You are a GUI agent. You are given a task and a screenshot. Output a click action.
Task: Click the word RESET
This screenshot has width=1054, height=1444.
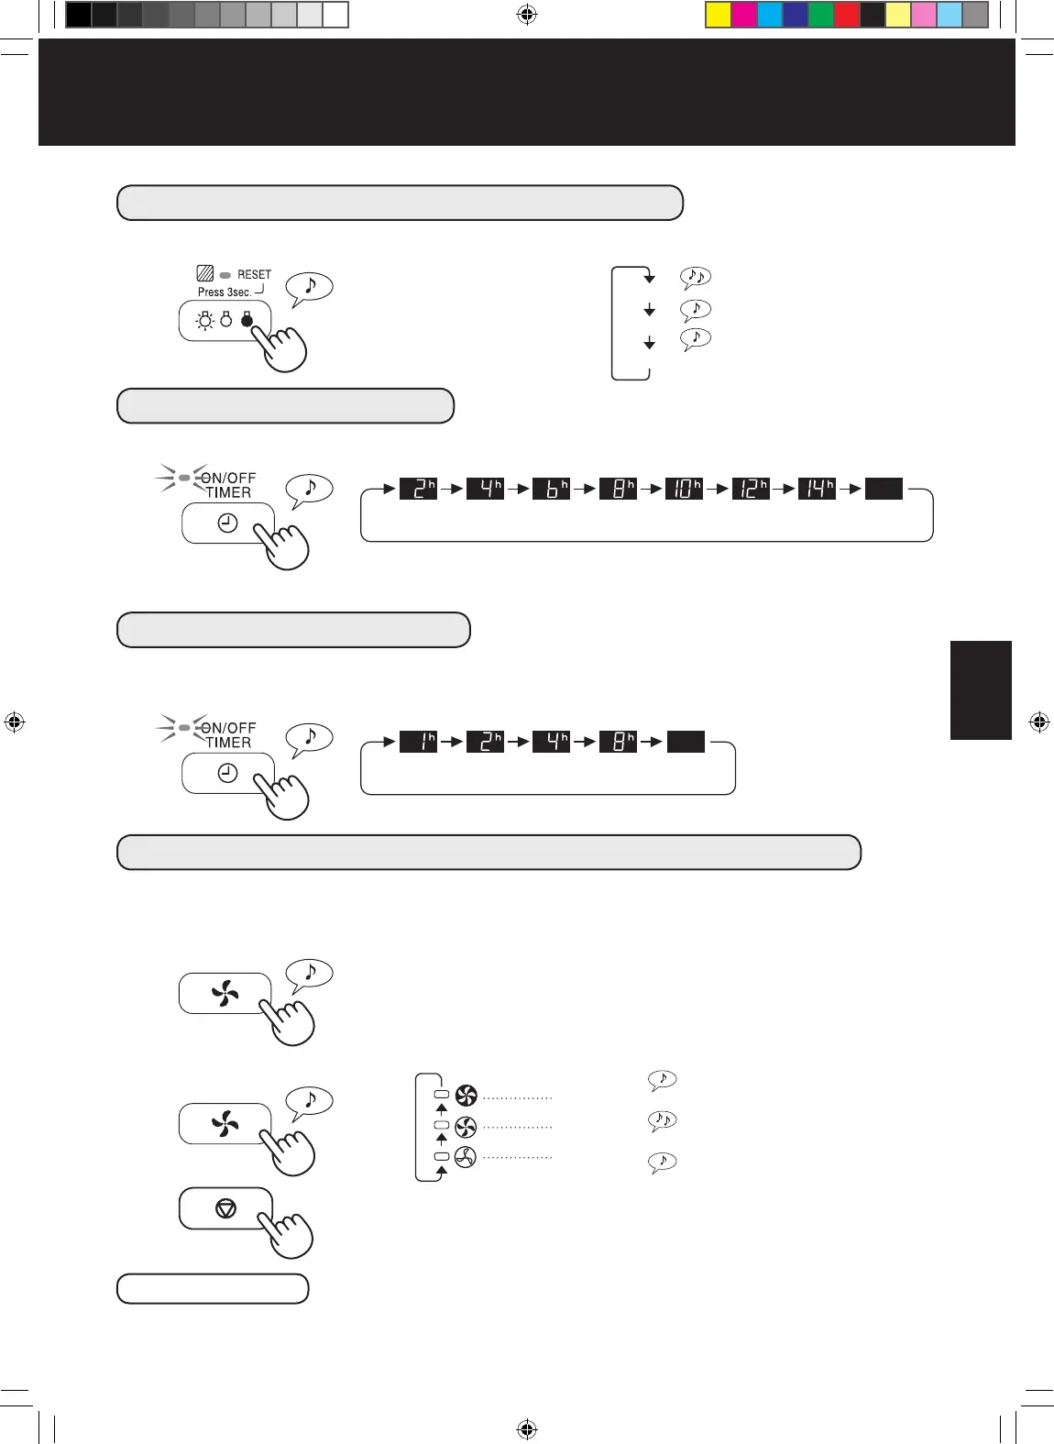coord(254,274)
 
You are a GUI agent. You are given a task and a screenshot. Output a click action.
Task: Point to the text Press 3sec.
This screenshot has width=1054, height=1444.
coord(225,292)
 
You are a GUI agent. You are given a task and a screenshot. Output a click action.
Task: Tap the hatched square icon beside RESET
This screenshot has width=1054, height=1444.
coord(205,273)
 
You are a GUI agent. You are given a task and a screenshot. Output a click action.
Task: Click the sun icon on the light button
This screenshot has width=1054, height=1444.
coord(204,321)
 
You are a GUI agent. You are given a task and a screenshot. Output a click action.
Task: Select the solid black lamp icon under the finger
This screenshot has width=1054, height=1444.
coord(247,320)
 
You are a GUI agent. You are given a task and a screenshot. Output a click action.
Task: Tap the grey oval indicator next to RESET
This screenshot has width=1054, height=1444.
coord(225,274)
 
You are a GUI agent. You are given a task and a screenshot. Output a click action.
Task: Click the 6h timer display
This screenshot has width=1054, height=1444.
coord(552,489)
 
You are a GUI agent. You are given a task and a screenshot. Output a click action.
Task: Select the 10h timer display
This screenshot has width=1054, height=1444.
coord(684,489)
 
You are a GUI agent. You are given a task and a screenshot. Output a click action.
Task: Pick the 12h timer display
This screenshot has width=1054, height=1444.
coord(751,489)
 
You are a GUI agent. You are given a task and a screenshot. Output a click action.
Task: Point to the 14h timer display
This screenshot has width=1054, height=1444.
coord(817,489)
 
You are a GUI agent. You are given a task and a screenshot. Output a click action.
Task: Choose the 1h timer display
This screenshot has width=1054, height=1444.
coord(419,741)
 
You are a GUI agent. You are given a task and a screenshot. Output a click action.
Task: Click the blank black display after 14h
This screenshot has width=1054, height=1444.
coord(884,489)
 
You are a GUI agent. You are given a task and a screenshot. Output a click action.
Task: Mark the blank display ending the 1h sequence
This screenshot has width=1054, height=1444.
coord(686,741)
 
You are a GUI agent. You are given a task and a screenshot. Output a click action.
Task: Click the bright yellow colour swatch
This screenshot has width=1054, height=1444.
coord(718,15)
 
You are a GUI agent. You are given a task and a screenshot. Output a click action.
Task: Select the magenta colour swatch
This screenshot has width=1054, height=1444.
coord(744,15)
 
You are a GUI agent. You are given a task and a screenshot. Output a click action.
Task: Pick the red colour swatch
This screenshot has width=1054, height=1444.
coord(847,15)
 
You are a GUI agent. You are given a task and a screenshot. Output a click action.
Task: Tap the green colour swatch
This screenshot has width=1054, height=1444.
coord(821,15)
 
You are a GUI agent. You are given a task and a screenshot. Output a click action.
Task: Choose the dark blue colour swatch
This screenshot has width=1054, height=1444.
coord(796,15)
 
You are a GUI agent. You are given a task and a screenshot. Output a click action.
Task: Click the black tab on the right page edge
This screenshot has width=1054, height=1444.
coord(981,689)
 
